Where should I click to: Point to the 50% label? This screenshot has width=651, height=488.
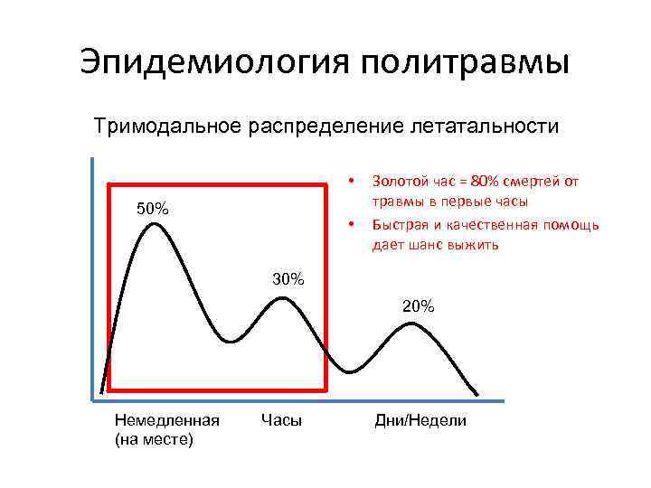tap(152, 210)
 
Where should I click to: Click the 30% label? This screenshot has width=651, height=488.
tap(288, 279)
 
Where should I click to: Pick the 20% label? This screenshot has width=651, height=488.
tap(418, 306)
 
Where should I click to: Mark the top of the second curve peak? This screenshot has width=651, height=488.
tap(283, 298)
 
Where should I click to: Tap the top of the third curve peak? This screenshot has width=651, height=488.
tap(411, 323)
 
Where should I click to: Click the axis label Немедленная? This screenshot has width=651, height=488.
tap(167, 420)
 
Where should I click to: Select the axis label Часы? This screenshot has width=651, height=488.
tap(281, 420)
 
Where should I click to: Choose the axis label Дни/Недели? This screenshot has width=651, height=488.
tap(420, 420)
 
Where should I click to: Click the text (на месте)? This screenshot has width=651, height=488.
tap(155, 439)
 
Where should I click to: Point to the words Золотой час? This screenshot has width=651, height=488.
tap(404, 181)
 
